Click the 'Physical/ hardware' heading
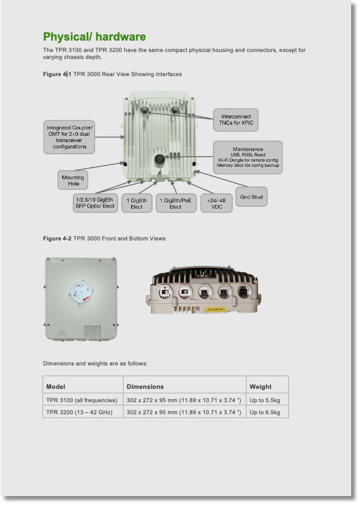coord(94,37)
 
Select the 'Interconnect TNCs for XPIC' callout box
coord(236,120)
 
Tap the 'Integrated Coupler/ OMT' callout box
coord(69,137)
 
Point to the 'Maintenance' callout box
coord(248,157)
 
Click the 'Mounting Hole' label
coord(73,180)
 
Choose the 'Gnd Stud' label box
coord(251,197)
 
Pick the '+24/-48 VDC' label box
coord(217,203)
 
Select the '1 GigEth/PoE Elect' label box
coord(176,203)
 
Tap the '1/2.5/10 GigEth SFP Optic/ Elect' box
coord(95,203)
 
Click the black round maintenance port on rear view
coord(160,160)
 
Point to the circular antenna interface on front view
coord(80,292)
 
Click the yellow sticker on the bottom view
coord(215,310)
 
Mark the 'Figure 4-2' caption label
coord(57,239)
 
